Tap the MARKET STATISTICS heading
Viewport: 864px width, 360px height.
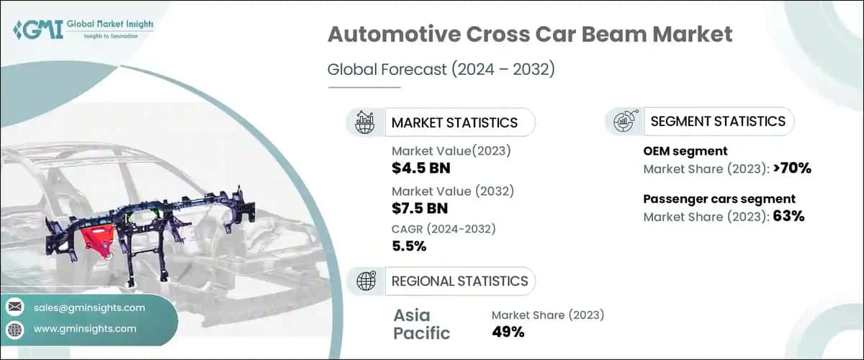tap(454, 122)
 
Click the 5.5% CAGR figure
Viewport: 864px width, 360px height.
tap(409, 246)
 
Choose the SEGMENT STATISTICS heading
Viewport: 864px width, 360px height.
tap(718, 122)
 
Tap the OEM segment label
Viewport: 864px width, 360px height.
tap(685, 151)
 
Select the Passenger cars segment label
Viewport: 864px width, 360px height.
tap(719, 199)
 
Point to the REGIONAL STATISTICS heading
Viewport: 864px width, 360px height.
tap(459, 281)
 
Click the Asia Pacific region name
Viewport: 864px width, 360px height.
tap(422, 323)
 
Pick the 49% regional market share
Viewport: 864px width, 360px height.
tap(508, 332)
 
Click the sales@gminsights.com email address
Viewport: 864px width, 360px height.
tap(89, 307)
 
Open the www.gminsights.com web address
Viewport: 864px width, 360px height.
tap(85, 329)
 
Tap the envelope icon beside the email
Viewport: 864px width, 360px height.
tap(14, 307)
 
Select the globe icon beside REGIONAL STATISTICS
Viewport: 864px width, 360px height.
tap(365, 281)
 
